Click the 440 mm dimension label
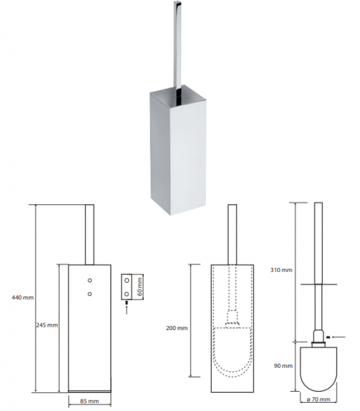23,297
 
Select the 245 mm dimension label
47,325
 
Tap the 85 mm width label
89,401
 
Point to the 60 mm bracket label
140,286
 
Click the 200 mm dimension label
177,328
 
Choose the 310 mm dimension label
281,270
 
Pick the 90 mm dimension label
283,366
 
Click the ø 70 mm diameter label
318,399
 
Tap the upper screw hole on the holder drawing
90,280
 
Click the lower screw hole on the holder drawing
90,294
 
